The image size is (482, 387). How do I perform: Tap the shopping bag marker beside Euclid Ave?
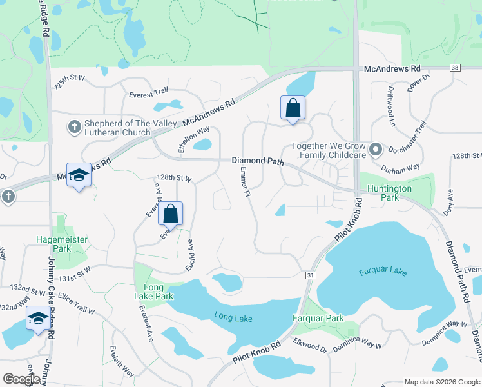pos(171,213)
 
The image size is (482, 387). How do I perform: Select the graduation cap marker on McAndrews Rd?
pos(79,175)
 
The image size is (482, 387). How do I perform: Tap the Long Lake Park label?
pos(153,292)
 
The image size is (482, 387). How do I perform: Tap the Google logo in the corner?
pos(21,379)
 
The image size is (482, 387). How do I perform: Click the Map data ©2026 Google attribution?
pos(442,381)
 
